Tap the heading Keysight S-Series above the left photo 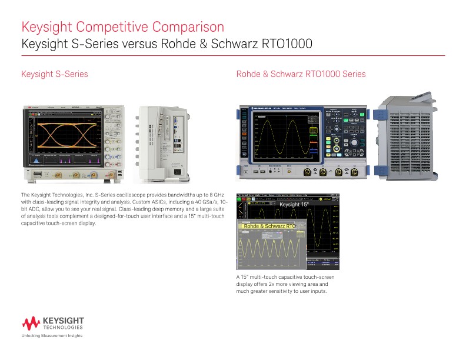click(x=55, y=74)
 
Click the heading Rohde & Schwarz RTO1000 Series click(x=301, y=74)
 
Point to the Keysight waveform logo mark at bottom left click(x=31, y=323)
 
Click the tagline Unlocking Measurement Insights click(x=52, y=336)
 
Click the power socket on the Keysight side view click(x=177, y=172)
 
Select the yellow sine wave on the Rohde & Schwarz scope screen click(x=287, y=136)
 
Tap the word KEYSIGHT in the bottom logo click(x=64, y=320)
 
